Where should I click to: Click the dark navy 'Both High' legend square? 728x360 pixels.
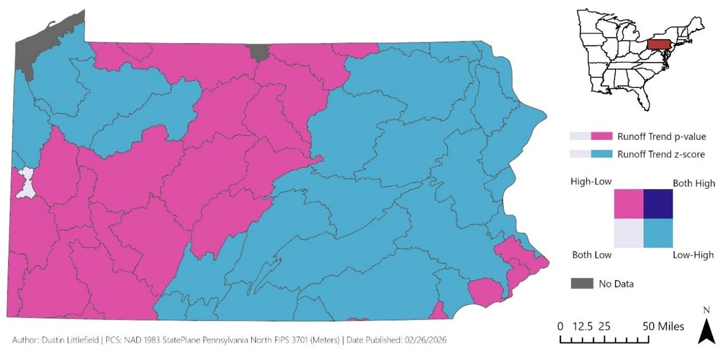click(x=658, y=204)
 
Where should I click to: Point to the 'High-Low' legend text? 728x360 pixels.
click(x=591, y=183)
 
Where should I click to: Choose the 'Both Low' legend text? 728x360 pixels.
click(x=591, y=255)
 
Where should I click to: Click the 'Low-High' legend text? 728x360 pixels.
click(x=693, y=255)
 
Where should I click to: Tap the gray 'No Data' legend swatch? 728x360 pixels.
click(x=581, y=283)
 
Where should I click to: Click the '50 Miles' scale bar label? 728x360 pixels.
click(x=664, y=326)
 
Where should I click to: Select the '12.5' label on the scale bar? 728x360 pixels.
click(x=581, y=326)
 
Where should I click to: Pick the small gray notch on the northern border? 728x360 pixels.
click(x=259, y=51)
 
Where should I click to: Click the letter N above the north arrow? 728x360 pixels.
click(x=706, y=310)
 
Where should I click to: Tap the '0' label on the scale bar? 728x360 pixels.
click(x=561, y=326)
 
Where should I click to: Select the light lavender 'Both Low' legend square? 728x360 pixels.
click(x=629, y=233)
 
